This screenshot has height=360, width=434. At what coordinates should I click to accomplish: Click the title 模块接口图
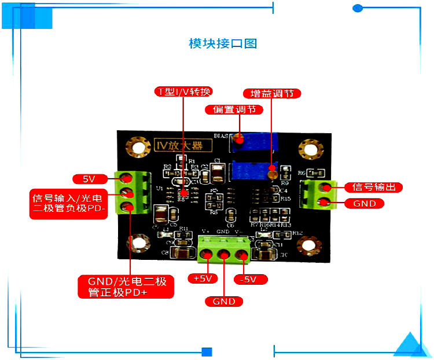[223, 43]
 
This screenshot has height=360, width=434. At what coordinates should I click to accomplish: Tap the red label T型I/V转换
[185, 92]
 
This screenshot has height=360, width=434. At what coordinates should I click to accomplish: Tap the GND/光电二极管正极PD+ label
[126, 287]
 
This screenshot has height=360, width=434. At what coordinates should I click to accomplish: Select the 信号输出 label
[373, 187]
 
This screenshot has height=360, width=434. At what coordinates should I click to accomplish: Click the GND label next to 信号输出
[365, 204]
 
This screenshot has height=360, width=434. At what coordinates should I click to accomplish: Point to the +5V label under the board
[203, 278]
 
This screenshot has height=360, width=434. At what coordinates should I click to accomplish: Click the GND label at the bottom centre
[224, 302]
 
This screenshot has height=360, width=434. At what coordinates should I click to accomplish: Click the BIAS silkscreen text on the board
[222, 135]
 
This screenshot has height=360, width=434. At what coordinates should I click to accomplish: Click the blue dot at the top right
[358, 8]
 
